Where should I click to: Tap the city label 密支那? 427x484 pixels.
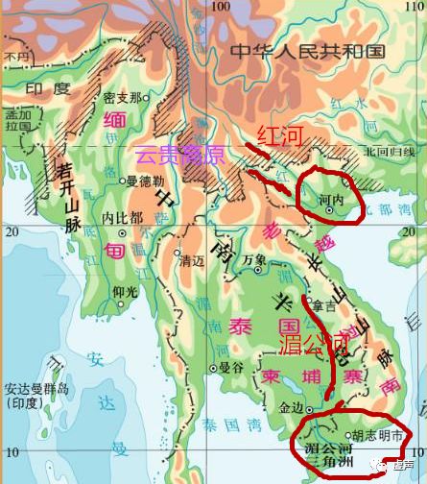click(127, 98)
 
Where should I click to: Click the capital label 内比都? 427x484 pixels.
click(123, 217)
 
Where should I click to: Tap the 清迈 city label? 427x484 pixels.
click(193, 259)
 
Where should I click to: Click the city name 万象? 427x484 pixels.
click(254, 260)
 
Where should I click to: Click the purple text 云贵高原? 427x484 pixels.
click(179, 154)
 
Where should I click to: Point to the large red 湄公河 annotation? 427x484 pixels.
click(315, 344)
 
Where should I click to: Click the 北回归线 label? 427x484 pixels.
click(390, 152)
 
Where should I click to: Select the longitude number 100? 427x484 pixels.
click(221, 8)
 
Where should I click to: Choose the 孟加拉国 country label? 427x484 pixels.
click(16, 119)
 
